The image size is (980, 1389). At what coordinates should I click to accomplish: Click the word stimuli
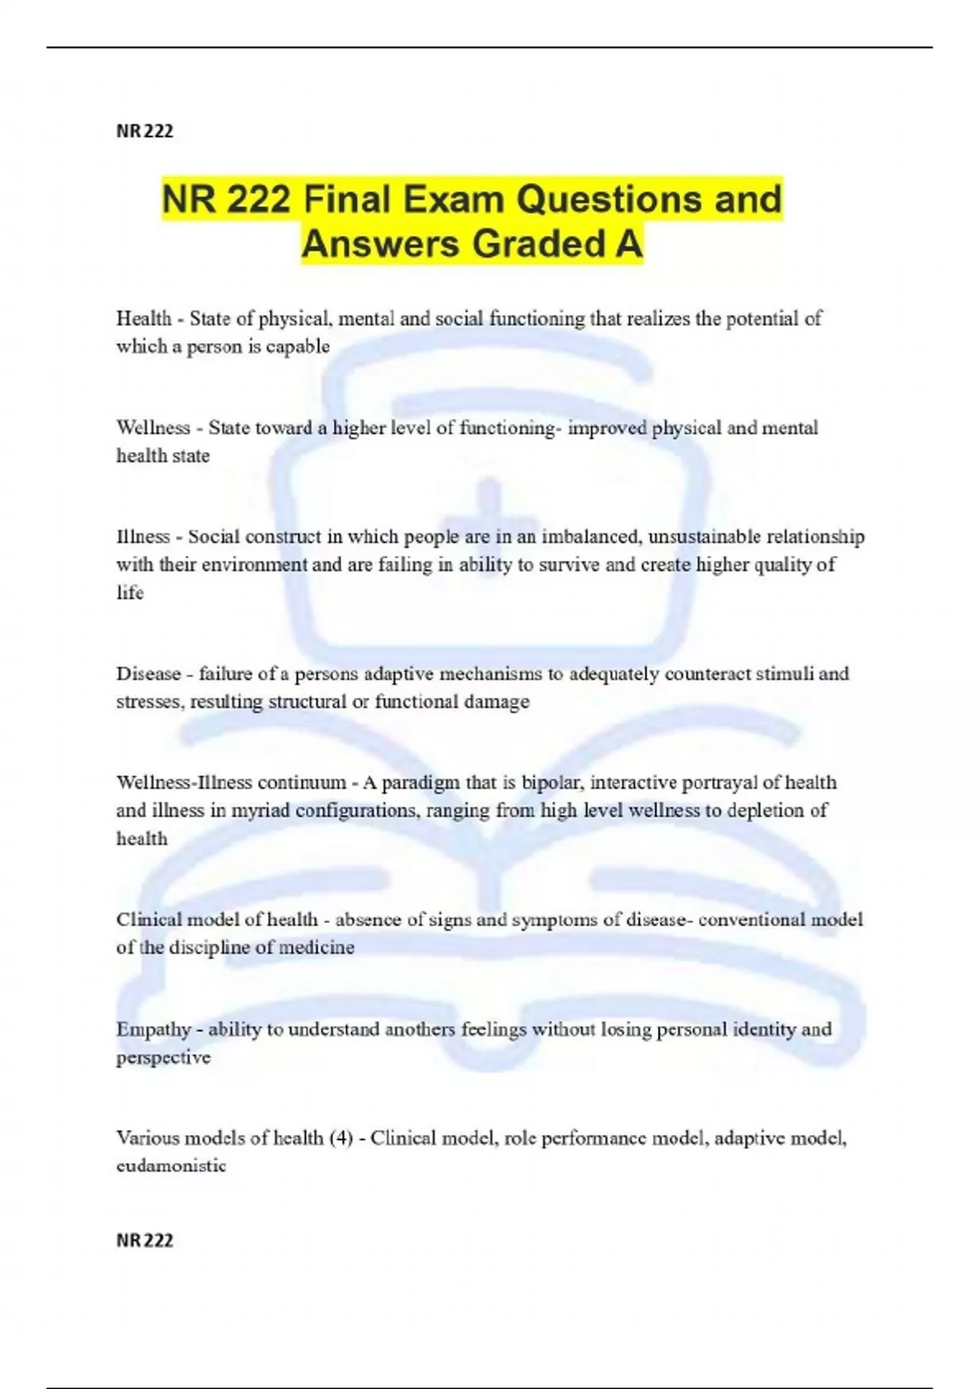[x=785, y=674]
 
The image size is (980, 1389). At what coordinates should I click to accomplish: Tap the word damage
[x=497, y=702]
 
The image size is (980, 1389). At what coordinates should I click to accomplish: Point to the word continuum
[x=302, y=783]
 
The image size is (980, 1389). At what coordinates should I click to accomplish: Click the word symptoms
[x=555, y=920]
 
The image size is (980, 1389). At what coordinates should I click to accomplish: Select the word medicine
[x=317, y=948]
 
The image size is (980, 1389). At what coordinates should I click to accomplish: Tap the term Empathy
[x=154, y=1029]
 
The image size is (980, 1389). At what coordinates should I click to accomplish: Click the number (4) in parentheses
[x=341, y=1138]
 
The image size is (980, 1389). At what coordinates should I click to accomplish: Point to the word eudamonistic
[x=171, y=1166]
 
